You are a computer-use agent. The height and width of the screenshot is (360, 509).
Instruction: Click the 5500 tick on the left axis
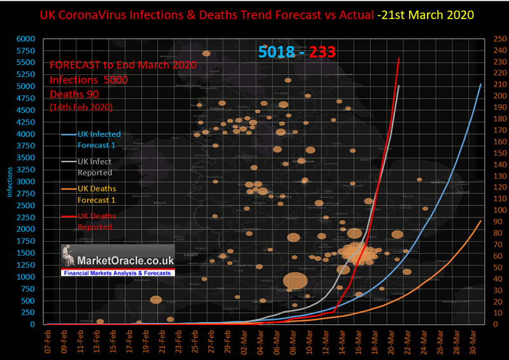click(x=26, y=62)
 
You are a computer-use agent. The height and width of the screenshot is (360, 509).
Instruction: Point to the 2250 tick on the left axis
click(x=26, y=218)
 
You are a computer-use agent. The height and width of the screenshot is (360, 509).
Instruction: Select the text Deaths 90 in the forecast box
click(x=74, y=94)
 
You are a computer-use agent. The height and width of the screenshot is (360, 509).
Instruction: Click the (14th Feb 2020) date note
click(x=81, y=107)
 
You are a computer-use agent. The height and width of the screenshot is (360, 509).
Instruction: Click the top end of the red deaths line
click(x=399, y=59)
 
